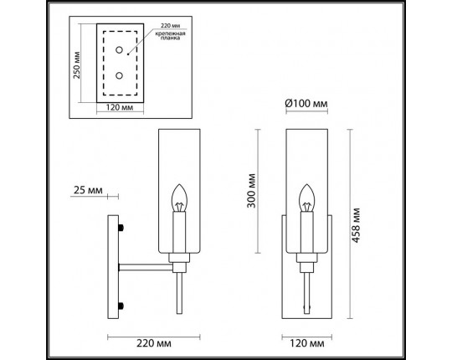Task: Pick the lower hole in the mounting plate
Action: (x=120, y=77)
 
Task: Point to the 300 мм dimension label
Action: (x=253, y=191)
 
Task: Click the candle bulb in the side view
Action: (x=177, y=198)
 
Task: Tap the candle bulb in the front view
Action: (x=306, y=198)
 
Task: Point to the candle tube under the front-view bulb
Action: (x=306, y=234)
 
